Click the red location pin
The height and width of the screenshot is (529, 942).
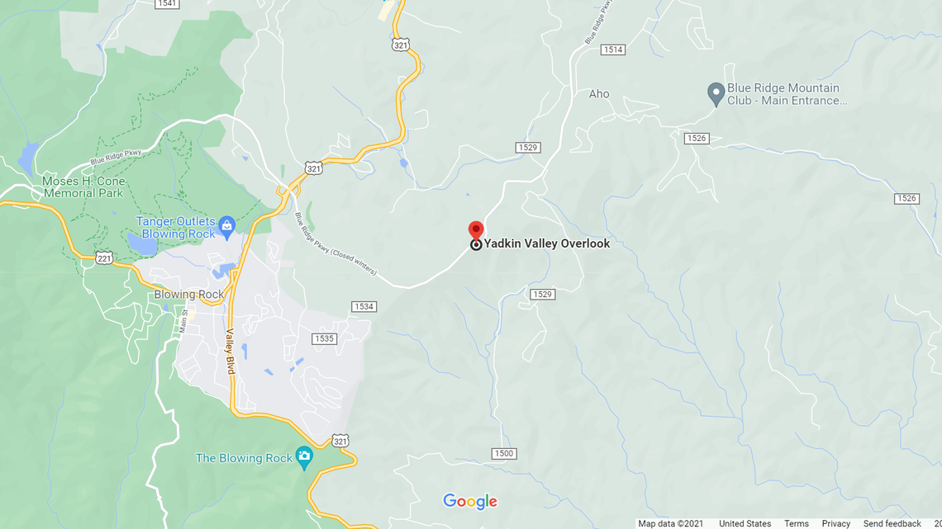point(475,229)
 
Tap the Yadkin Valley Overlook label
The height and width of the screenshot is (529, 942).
point(546,243)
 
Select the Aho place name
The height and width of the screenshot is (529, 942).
point(599,94)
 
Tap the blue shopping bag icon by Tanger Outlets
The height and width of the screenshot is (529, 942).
point(227,224)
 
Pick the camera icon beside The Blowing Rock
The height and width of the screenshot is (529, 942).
point(304,456)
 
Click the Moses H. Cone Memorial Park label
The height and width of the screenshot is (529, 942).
point(83,187)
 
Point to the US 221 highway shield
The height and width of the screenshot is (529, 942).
point(103,257)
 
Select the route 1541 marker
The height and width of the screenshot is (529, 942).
point(167,3)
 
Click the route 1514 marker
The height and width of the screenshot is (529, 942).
point(612,50)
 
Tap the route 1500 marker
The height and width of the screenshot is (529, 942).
point(503,454)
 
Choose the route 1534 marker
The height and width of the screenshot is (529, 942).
point(364,307)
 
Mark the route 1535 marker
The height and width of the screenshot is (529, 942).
point(324,339)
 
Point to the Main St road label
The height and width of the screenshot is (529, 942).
point(185,320)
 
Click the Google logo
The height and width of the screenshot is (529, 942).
point(469,501)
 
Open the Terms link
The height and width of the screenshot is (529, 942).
point(796,524)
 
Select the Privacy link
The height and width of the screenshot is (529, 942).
point(835,524)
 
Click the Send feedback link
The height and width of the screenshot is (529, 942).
point(892,524)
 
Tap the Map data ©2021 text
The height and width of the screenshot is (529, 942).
point(670,524)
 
